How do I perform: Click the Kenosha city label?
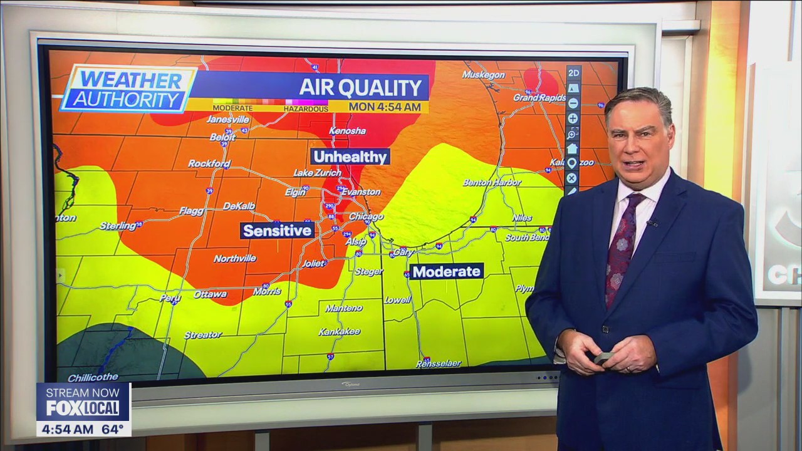click(x=346, y=131)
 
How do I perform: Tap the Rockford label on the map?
click(x=209, y=163)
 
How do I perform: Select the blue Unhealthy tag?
click(x=350, y=157)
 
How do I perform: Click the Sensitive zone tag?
click(x=277, y=231)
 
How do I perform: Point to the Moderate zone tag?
click(x=446, y=271)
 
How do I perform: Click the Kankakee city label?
click(x=339, y=331)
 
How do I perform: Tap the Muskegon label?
click(x=483, y=75)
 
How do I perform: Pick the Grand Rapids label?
click(x=539, y=98)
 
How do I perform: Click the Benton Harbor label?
click(x=492, y=182)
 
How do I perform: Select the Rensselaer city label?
click(x=439, y=363)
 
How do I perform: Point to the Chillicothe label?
click(x=93, y=377)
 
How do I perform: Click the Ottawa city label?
click(x=210, y=294)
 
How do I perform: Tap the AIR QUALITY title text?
click(x=360, y=88)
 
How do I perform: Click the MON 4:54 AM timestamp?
click(x=385, y=107)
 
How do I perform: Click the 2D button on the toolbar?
click(x=573, y=73)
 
